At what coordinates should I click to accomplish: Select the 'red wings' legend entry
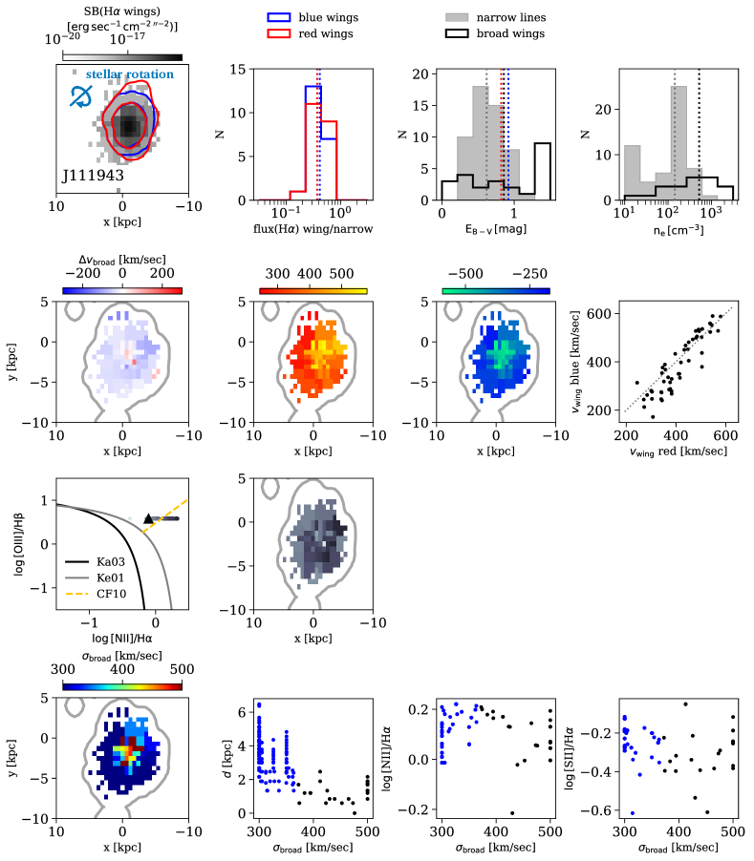(312, 34)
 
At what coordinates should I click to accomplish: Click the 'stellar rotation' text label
(130, 74)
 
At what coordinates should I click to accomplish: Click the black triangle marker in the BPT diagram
(147, 518)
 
